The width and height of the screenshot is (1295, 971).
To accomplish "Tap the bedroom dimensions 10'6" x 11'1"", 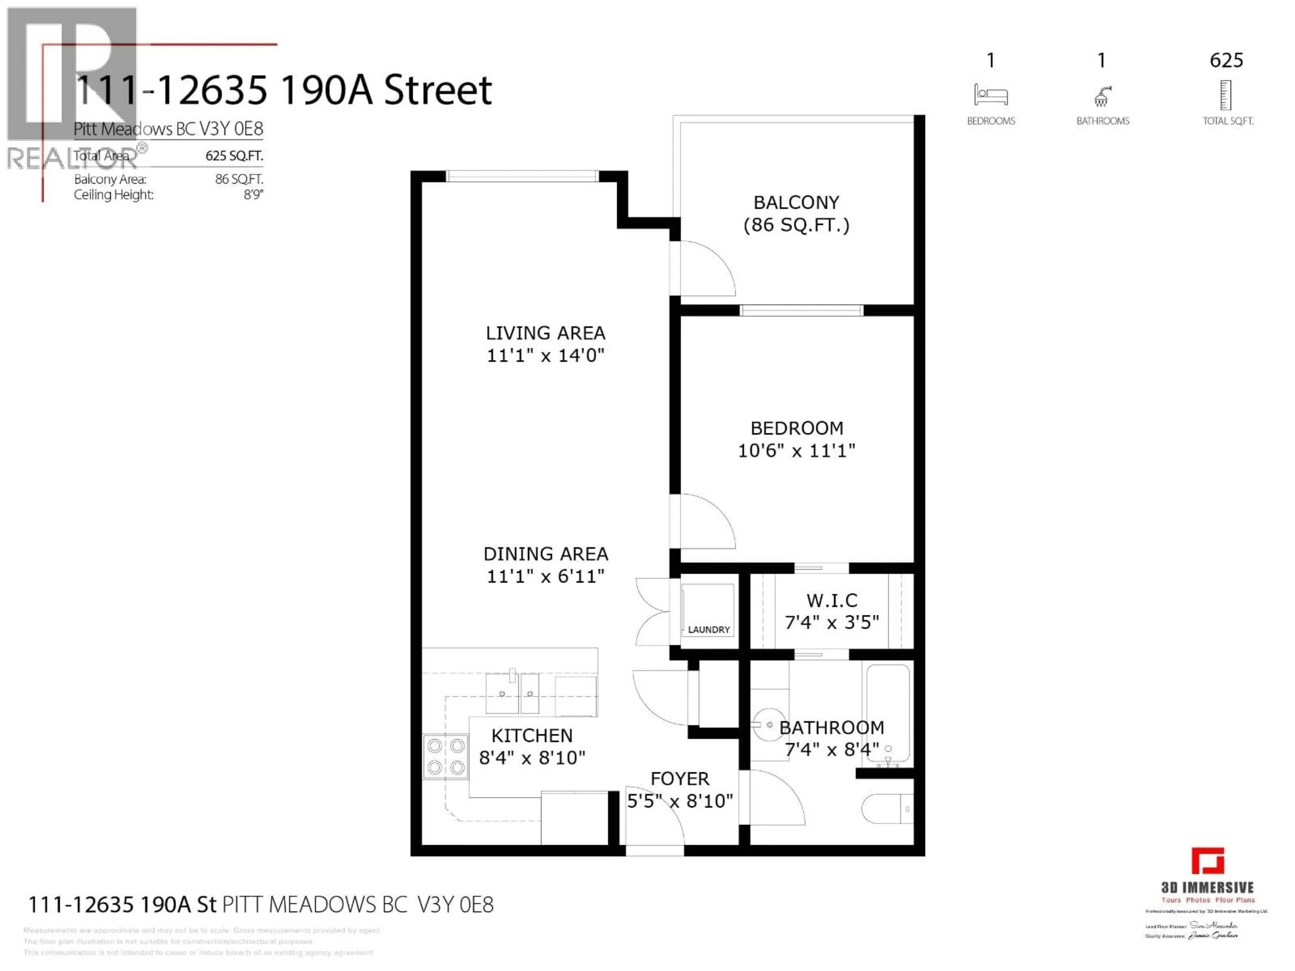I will pos(796,451).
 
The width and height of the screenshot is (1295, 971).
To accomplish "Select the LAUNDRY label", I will pos(709,630).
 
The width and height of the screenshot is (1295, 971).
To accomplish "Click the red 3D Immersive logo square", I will pos(1207,861).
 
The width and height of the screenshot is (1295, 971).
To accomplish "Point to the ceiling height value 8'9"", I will pos(254,195).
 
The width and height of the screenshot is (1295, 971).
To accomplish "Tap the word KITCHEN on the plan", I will pos(531,736).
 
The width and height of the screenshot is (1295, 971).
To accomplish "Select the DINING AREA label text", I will pos(546,554).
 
